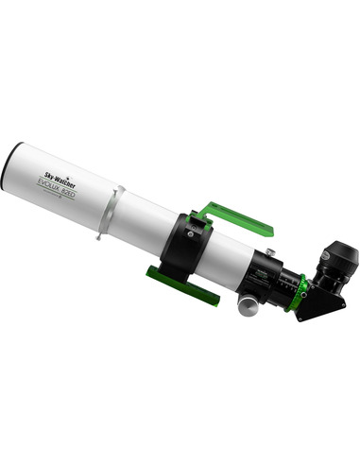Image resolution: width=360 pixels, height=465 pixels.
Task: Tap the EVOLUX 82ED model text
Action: (x=63, y=179)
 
